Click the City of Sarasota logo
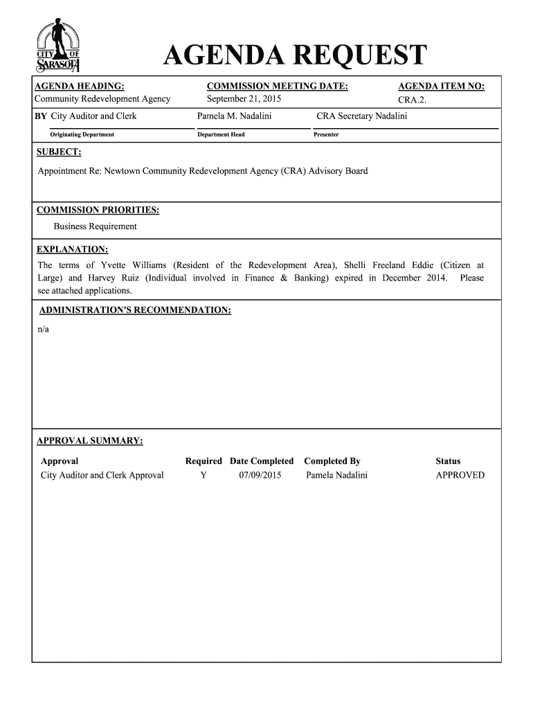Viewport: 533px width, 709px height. [x=59, y=47]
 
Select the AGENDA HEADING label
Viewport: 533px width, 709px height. [x=80, y=86]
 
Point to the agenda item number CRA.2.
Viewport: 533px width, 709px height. [x=413, y=100]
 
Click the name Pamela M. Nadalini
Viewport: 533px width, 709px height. [x=235, y=116]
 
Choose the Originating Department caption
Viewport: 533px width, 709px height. [x=82, y=134]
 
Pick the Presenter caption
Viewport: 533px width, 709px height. [x=326, y=134]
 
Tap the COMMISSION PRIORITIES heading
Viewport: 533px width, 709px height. [x=98, y=210]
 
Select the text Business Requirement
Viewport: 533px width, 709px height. [x=96, y=226]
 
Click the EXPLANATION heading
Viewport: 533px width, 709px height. [x=72, y=249]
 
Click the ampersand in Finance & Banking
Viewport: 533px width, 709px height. [x=282, y=278]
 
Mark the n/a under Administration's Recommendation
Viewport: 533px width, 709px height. [x=43, y=329]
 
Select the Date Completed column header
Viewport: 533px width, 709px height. [x=262, y=460]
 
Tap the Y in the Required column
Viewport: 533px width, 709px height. [x=204, y=475]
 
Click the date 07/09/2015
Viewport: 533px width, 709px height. [x=260, y=475]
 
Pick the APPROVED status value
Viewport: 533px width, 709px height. [x=460, y=475]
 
